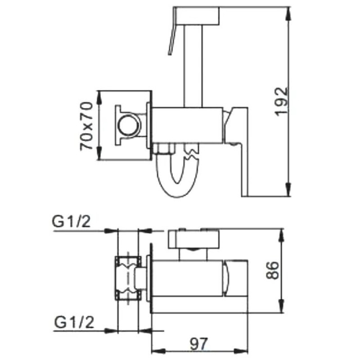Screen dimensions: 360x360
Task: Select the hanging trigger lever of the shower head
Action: [x=171, y=40]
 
